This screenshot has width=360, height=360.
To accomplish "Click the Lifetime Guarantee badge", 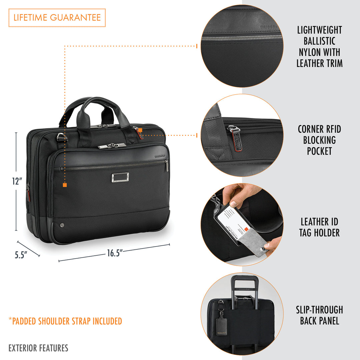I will pyautogui.click(x=57, y=18).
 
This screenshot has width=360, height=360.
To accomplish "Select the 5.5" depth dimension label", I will pyautogui.click(x=21, y=255).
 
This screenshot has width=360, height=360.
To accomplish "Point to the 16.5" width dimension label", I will pyautogui.click(x=115, y=253).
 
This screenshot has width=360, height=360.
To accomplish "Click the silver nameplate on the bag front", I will pyautogui.click(x=120, y=177).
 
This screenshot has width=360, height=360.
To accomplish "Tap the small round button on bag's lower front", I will pyautogui.click(x=62, y=225).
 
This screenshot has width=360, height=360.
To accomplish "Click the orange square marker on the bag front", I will pyautogui.click(x=65, y=185).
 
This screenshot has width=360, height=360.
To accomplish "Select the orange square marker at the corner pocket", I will pyautogui.click(x=140, y=130).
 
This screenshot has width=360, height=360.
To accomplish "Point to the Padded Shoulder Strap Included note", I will pyautogui.click(x=65, y=321).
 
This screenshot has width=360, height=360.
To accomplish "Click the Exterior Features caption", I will pyautogui.click(x=38, y=348).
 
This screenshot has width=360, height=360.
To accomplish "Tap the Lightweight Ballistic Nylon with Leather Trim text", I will pyautogui.click(x=319, y=47).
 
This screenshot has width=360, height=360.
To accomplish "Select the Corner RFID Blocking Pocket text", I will pyautogui.click(x=319, y=140).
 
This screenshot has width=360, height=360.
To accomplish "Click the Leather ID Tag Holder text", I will pyautogui.click(x=319, y=227).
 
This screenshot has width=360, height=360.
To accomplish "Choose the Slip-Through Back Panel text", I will pyautogui.click(x=319, y=315).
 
